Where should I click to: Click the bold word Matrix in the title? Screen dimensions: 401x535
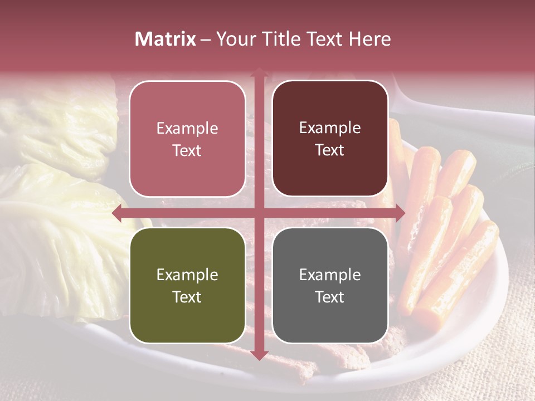pos(166,39)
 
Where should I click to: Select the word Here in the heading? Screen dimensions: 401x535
pos(369,39)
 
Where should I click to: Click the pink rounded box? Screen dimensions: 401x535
pos(187,139)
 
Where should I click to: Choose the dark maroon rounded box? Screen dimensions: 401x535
pos(330,139)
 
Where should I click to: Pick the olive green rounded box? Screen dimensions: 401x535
pos(187,285)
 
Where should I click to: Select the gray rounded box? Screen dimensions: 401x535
pos(330,285)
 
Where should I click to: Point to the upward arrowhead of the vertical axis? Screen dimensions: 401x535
pos(259,72)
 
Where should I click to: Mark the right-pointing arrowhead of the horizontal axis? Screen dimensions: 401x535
pos(400,213)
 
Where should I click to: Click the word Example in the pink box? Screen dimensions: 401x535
pos(187,129)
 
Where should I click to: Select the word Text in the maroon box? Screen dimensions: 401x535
pos(330,150)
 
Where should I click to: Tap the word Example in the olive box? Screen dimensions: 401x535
pos(187,275)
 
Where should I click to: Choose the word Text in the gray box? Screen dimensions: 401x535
pos(330,297)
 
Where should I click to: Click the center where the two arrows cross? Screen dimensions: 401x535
pos(259,213)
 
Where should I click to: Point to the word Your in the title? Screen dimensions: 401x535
pos(235,39)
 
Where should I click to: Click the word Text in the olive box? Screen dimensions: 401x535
pos(187,297)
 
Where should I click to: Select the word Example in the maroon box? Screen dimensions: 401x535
pos(330,128)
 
